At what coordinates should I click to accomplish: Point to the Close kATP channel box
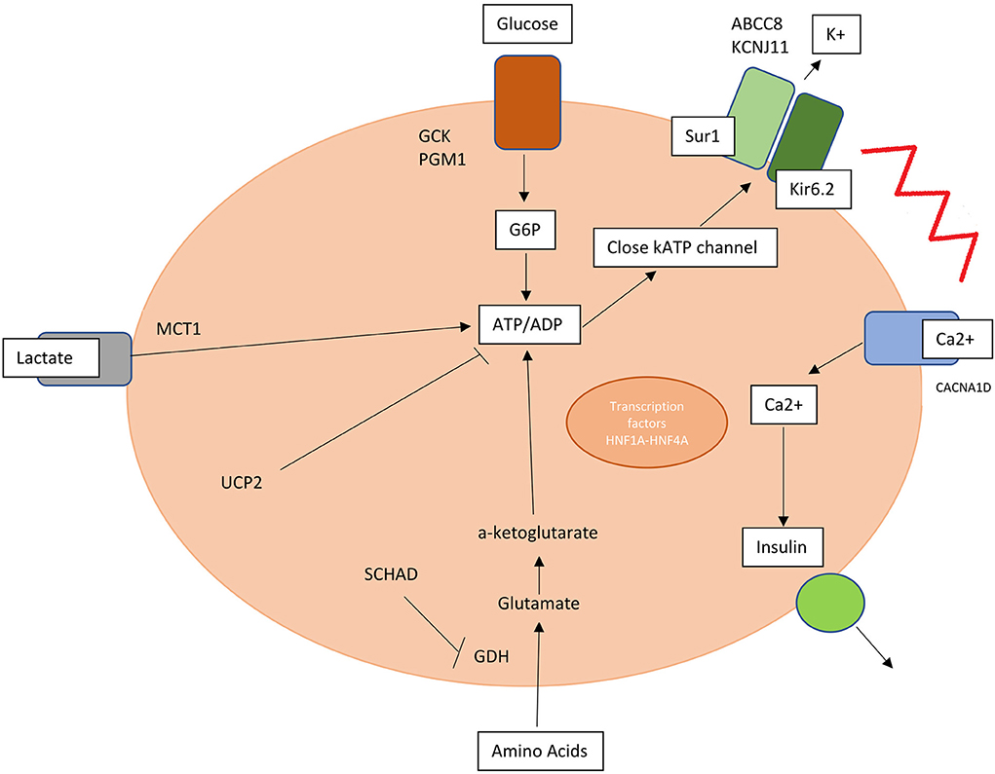pos(688,248)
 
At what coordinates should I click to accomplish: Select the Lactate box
pos(54,358)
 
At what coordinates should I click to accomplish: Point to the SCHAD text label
pos(391,573)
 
